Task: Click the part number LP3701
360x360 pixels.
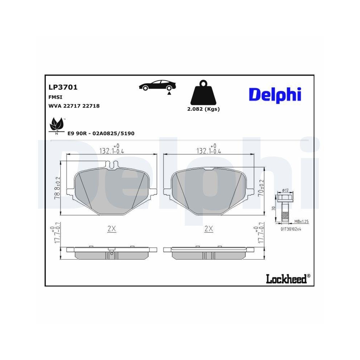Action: pyautogui.click(x=63, y=87)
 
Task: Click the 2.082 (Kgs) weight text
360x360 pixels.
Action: pyautogui.click(x=203, y=109)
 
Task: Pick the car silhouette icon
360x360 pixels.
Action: pyautogui.click(x=158, y=86)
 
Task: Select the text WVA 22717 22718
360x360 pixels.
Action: pyautogui.click(x=74, y=106)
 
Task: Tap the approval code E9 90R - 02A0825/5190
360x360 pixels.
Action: pyautogui.click(x=101, y=134)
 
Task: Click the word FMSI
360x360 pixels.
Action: pyautogui.click(x=55, y=97)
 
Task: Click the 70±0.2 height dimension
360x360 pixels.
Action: pyautogui.click(x=262, y=188)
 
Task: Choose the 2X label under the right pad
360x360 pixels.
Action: pyautogui.click(x=208, y=229)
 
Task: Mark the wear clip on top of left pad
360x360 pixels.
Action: pyautogui.click(x=112, y=165)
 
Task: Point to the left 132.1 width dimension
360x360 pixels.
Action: pyautogui.click(x=112, y=151)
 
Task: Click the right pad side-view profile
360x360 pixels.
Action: pyautogui.click(x=209, y=253)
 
